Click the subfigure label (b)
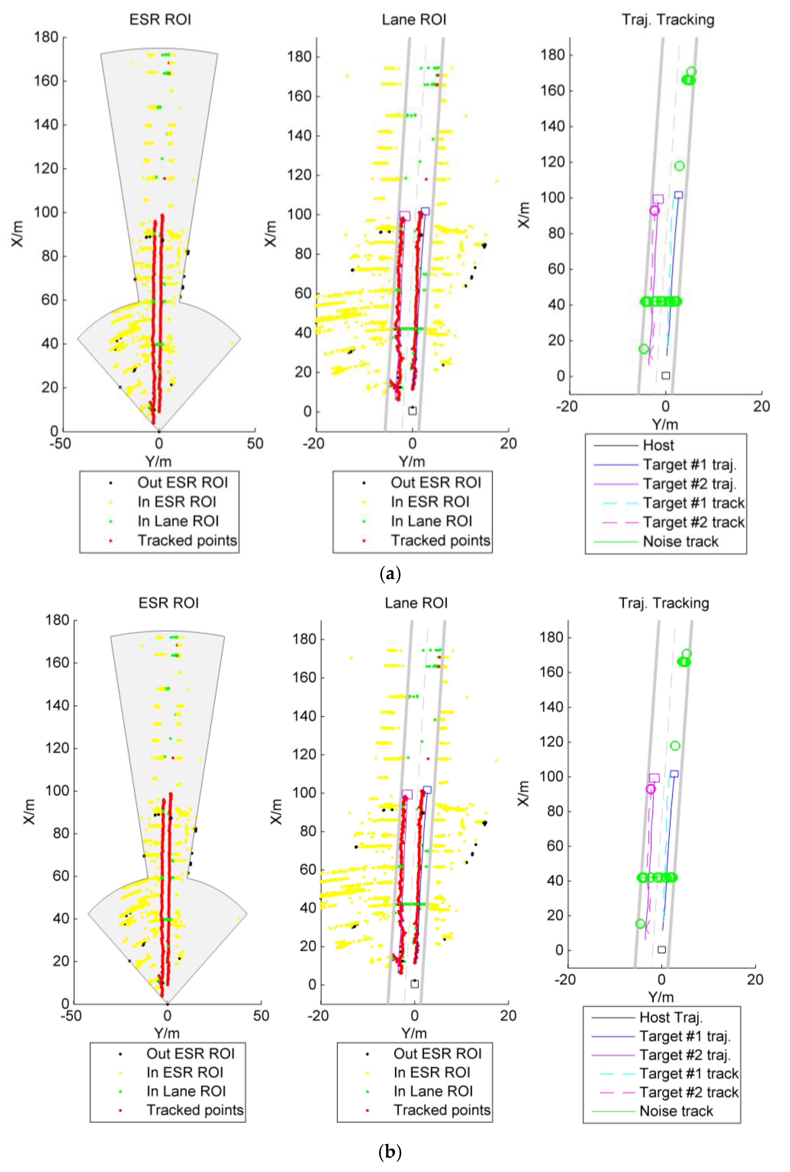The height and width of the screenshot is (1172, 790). (389, 1151)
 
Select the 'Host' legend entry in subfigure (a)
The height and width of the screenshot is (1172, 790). (658, 445)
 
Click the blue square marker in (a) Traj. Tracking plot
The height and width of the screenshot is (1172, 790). (679, 195)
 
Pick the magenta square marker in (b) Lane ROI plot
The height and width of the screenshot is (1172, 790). (407, 794)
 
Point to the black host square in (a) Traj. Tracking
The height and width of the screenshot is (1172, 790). (665, 375)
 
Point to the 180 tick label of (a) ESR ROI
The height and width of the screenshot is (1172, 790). (46, 37)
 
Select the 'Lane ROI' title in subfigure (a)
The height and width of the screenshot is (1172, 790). (414, 20)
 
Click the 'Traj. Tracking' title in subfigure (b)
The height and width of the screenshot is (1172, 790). (663, 603)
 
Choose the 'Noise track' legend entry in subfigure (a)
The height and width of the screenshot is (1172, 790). (680, 542)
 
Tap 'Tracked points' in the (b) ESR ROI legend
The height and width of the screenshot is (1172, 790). (194, 1110)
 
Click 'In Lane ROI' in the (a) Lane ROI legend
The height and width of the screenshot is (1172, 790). (431, 521)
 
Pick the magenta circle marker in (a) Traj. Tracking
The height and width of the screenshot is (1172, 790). (654, 210)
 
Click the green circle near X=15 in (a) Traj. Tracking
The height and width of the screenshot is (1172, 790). (643, 349)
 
